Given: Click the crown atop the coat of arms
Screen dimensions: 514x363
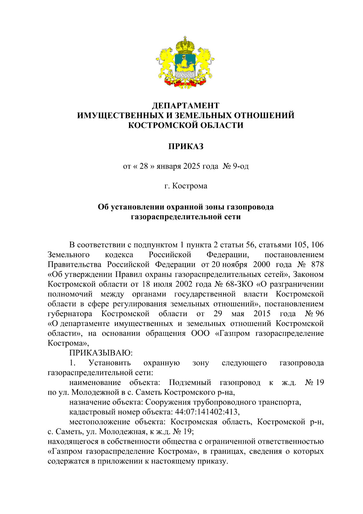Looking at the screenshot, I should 185,45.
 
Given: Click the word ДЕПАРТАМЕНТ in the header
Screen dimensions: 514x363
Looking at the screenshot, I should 185,105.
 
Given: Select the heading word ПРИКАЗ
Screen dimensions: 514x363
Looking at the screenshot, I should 185,147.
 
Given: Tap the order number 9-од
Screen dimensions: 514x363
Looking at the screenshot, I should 240,166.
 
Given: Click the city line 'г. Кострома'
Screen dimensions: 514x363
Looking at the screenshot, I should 185,186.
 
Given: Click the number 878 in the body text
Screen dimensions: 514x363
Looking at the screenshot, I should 317,264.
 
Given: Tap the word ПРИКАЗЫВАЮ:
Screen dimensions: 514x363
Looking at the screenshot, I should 101,353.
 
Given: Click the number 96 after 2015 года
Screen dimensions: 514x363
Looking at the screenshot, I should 319,313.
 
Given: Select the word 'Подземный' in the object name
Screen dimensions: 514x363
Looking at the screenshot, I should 190,383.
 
